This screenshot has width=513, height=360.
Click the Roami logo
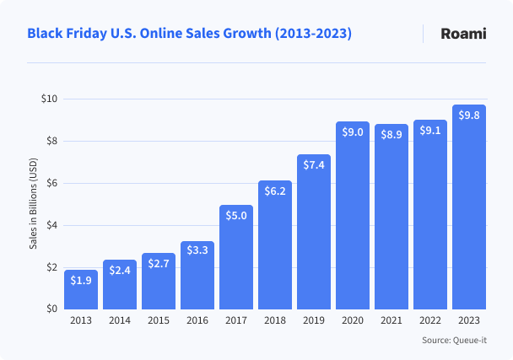pyautogui.click(x=463, y=34)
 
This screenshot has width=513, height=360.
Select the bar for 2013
pyautogui.click(x=81, y=289)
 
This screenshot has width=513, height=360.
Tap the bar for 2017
pyautogui.click(x=236, y=257)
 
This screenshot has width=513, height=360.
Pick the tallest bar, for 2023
pyautogui.click(x=469, y=207)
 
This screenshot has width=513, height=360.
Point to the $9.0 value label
pyautogui.click(x=353, y=132)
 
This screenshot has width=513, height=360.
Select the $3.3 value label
pyautogui.click(x=197, y=250)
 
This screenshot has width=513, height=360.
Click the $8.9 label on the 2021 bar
pyautogui.click(x=391, y=134)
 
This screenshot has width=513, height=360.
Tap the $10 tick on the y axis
pyautogui.click(x=49, y=99)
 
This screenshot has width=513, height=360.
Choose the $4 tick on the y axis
pyautogui.click(x=51, y=225)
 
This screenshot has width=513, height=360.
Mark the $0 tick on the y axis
pyautogui.click(x=51, y=309)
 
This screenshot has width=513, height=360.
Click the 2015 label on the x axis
pyautogui.click(x=159, y=321)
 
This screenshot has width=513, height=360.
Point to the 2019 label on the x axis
pyautogui.click(x=314, y=321)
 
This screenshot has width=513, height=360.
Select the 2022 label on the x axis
pyautogui.click(x=430, y=321)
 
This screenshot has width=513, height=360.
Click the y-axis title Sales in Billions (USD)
pyautogui.click(x=34, y=204)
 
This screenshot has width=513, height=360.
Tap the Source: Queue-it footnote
pyautogui.click(x=456, y=341)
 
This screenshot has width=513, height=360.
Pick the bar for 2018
pyautogui.click(x=275, y=244)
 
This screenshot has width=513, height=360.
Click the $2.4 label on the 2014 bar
pyautogui.click(x=120, y=270)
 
